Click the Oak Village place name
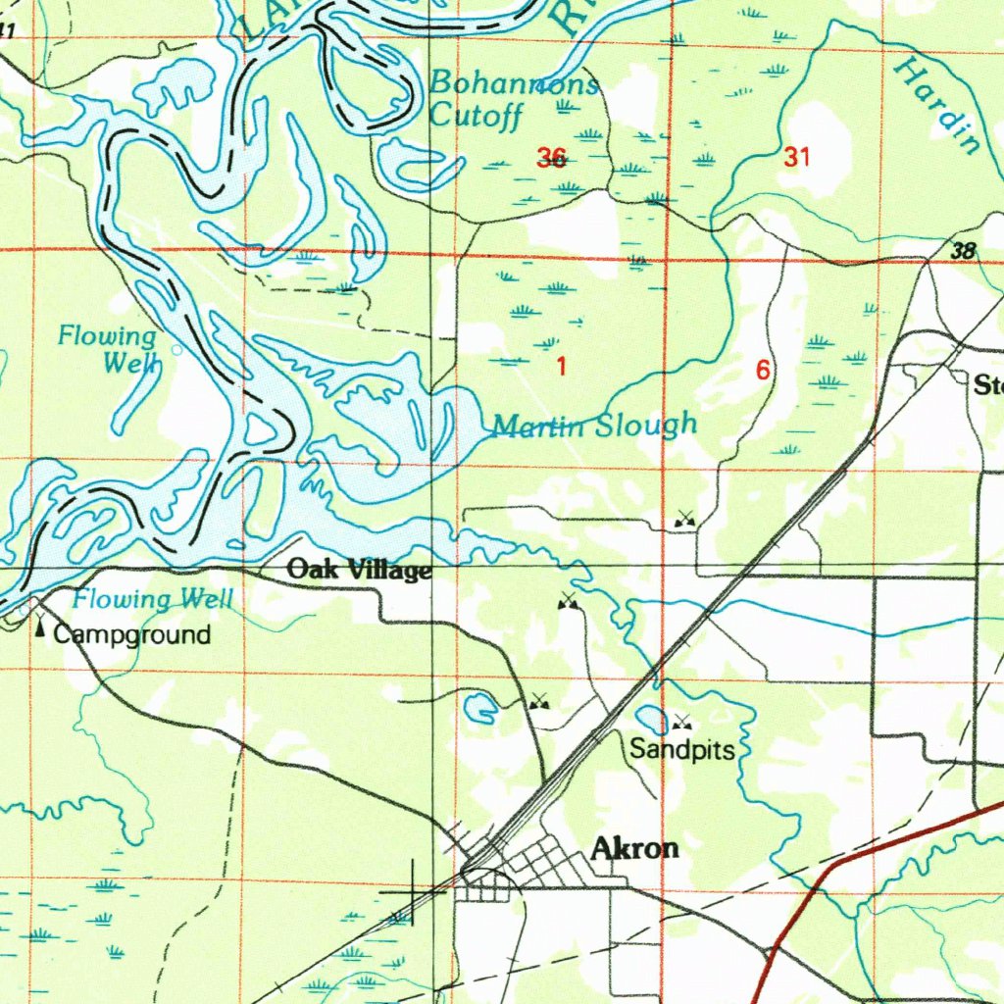click(358, 570)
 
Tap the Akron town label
click(635, 849)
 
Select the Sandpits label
click(681, 751)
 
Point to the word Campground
click(131, 634)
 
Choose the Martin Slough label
click(594, 426)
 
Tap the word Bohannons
click(514, 82)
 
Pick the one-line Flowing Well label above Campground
click(153, 599)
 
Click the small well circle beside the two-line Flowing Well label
click(176, 349)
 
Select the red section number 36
click(551, 157)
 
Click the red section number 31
click(797, 156)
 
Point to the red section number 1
click(561, 368)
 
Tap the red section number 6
click(762, 371)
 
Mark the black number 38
click(964, 251)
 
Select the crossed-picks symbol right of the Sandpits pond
click(681, 724)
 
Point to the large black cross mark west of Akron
click(411, 891)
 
